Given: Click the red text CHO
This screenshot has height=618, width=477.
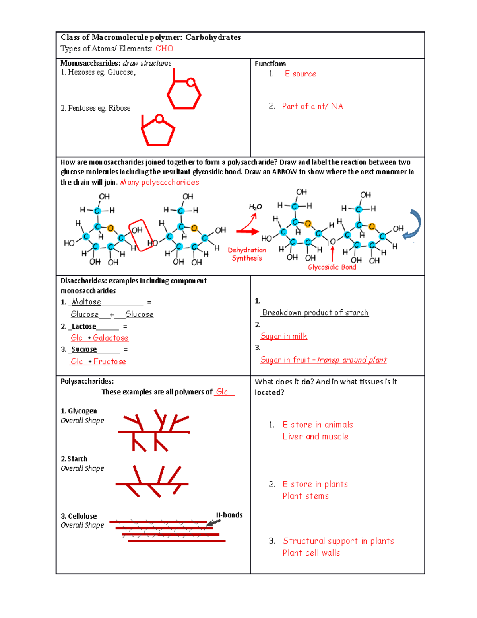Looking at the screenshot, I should tap(164, 49).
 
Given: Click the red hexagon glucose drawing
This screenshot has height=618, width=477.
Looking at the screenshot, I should tap(184, 94).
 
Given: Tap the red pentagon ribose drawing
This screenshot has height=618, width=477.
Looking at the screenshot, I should tap(158, 132).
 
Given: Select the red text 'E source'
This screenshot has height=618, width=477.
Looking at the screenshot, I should tap(301, 74).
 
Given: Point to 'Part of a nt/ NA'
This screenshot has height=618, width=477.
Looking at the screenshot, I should tap(312, 106).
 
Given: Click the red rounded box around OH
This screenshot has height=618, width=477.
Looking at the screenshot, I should tap(140, 235).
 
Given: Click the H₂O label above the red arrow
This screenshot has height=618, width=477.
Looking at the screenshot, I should tap(255, 207).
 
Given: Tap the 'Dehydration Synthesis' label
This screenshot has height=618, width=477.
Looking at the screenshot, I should tap(247, 254).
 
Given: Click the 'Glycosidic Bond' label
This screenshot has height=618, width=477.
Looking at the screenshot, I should tap(332, 267).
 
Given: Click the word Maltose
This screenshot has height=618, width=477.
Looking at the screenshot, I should tap(86, 302).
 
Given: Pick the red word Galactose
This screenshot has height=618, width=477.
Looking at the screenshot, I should tap(111, 338).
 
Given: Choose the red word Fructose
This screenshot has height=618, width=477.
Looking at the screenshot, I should tap(110, 361).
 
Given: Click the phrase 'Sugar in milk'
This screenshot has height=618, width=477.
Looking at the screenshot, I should tap(284, 336).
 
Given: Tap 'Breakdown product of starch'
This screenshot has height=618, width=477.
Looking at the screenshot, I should tap(315, 312).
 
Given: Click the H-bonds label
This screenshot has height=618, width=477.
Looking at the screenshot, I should tap(229, 515).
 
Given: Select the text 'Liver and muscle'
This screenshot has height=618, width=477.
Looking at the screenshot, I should tap(315, 437).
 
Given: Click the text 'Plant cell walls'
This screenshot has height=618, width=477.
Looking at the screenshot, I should tap(311, 553).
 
